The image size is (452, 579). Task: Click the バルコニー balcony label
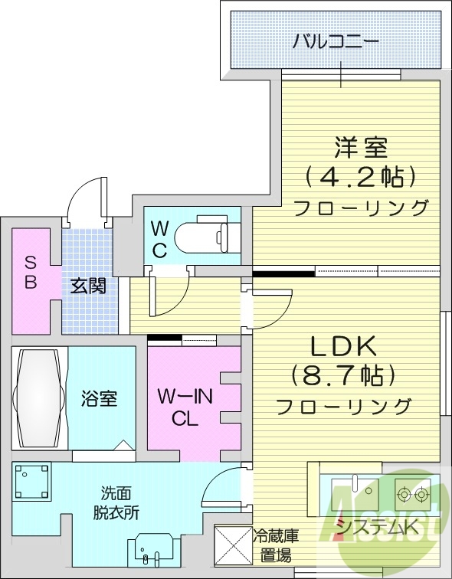[x=335, y=41]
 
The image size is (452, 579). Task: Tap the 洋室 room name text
[x=360, y=146]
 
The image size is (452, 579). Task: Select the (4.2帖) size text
[x=360, y=176]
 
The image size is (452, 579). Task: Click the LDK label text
[x=342, y=346]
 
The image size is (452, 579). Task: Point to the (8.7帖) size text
[x=342, y=375]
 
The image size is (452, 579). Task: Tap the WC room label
[x=159, y=238]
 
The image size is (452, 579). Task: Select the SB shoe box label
[x=30, y=270]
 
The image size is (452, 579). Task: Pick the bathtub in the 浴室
[x=38, y=398]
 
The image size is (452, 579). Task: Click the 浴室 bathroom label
[x=100, y=398]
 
